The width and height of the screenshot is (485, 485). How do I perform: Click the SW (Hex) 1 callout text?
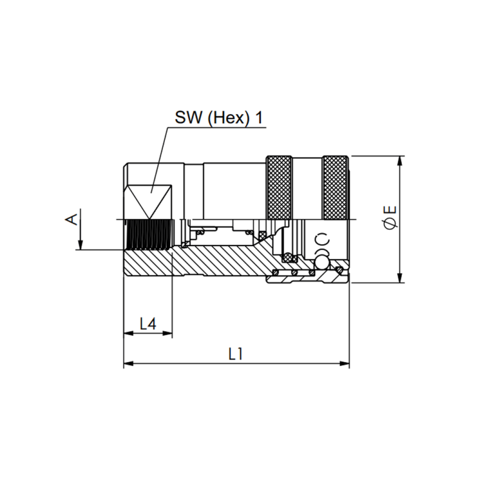click(x=219, y=118)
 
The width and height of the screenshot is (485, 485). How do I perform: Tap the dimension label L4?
click(x=148, y=324)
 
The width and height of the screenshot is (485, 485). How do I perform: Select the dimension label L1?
click(x=236, y=354)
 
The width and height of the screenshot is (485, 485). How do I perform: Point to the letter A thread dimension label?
click(x=72, y=219)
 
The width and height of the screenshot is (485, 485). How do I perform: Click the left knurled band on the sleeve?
click(x=279, y=188)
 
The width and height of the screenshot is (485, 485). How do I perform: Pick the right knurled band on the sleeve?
click(x=335, y=188)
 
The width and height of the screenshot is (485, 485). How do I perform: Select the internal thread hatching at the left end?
click(x=148, y=235)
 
